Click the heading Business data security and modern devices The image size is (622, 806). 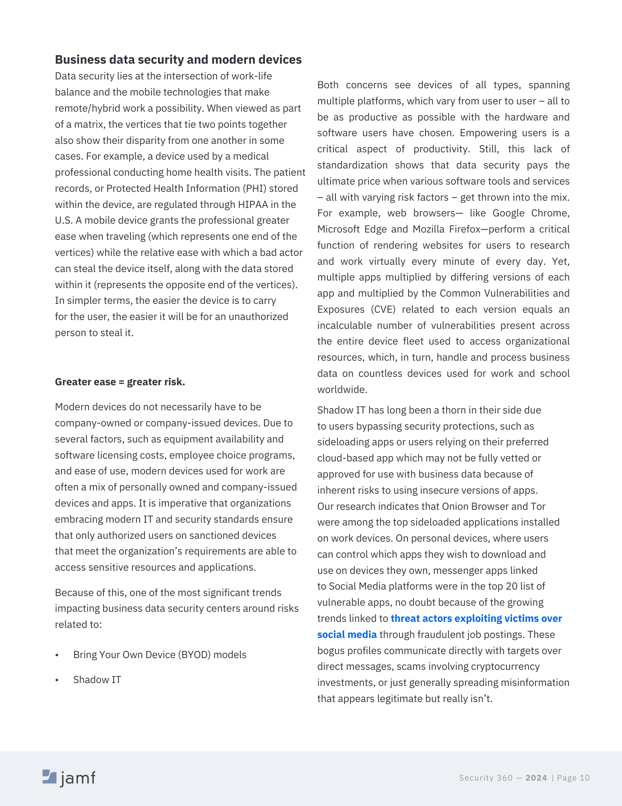click(x=178, y=60)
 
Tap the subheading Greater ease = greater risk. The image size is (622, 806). click(x=120, y=382)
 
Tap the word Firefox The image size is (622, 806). click(x=464, y=229)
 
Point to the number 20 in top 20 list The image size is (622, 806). click(x=511, y=586)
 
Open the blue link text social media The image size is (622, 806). click(x=347, y=634)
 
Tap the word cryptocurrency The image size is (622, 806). click(x=505, y=666)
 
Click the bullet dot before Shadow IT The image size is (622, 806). click(x=57, y=680)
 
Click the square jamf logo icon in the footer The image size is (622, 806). click(x=50, y=777)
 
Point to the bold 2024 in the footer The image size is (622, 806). click(x=536, y=778)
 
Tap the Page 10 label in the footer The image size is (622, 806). click(x=573, y=778)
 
